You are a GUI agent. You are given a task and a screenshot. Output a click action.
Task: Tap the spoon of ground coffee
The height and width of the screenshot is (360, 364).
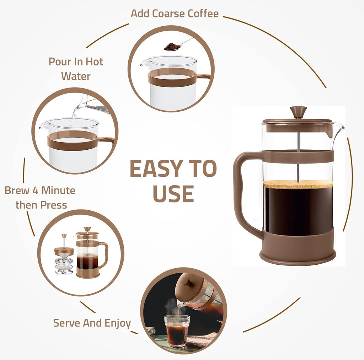point(173,47)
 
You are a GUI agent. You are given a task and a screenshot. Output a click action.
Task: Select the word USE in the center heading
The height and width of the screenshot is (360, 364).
point(173,194)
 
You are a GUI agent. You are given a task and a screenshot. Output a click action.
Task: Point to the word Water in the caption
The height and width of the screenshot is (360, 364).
point(75,76)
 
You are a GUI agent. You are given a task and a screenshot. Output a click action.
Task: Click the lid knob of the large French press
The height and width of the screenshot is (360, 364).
point(298,111)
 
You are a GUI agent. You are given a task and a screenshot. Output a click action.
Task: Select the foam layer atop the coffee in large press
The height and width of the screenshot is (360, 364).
point(298,184)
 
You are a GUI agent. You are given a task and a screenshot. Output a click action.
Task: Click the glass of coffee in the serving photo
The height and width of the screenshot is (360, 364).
point(177,330)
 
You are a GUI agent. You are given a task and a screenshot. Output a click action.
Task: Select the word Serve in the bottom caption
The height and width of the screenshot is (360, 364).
point(66,323)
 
